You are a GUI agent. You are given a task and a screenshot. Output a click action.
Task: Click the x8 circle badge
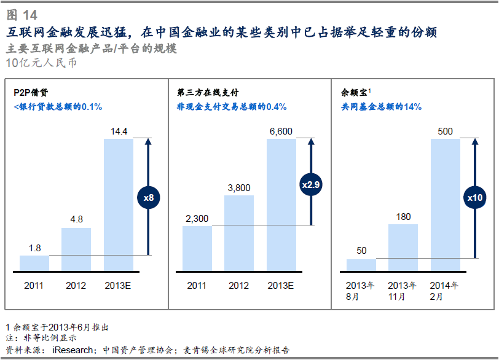click(x=148, y=197)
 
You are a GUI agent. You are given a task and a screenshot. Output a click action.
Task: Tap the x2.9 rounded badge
click(x=311, y=184)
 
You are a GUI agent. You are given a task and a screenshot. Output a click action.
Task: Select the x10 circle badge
click(x=474, y=198)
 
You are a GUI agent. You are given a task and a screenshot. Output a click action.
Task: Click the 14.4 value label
click(x=119, y=131)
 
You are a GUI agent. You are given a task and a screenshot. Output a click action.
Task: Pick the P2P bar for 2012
click(x=76, y=249)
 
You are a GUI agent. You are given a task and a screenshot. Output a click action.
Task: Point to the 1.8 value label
click(x=35, y=248)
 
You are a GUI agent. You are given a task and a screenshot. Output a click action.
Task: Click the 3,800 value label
click(x=238, y=187)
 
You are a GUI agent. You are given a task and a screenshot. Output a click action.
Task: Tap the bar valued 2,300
click(x=197, y=248)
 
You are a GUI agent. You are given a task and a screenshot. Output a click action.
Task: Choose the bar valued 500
click(x=445, y=205)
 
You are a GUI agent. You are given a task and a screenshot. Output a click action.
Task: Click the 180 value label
click(x=403, y=216)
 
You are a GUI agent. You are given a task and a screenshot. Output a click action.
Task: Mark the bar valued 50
click(x=361, y=265)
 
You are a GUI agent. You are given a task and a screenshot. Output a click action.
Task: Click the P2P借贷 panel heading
click(x=31, y=93)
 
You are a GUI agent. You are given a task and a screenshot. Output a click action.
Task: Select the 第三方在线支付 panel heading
click(x=208, y=93)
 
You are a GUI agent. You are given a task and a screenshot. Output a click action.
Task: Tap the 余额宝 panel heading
click(x=354, y=93)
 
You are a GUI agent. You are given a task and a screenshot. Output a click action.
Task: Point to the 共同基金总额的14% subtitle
click(x=381, y=107)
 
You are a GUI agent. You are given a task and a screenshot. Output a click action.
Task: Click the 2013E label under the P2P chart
click(x=118, y=286)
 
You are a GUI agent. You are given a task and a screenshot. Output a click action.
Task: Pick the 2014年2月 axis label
click(x=445, y=291)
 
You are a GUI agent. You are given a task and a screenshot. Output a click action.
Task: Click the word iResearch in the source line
click(x=73, y=350)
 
